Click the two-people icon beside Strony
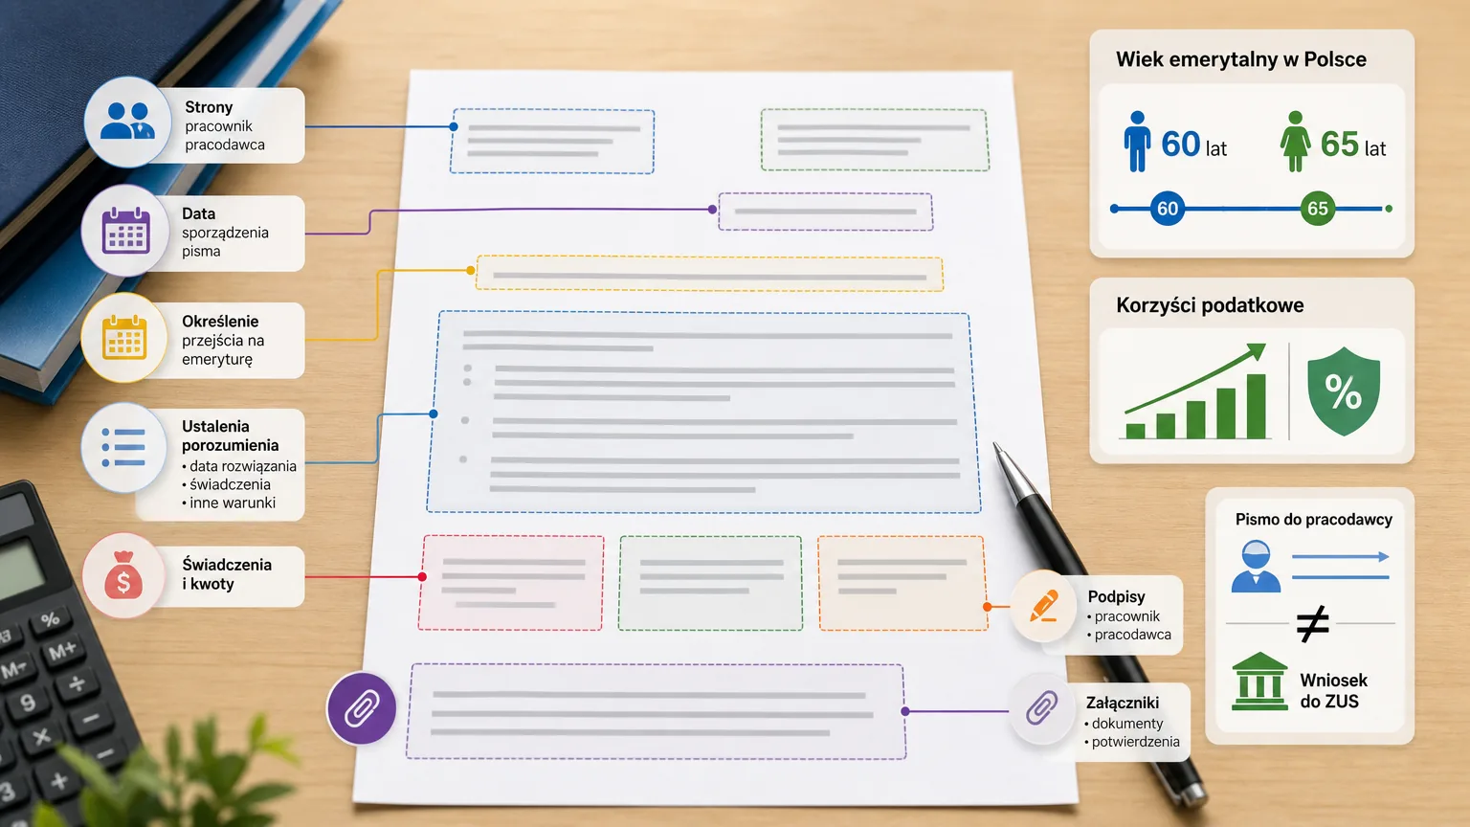tap(127, 121)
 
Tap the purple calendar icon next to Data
tap(126, 231)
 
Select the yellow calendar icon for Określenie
tap(124, 337)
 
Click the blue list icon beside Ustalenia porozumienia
tap(123, 448)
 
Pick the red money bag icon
tap(123, 575)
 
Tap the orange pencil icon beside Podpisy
tap(1043, 605)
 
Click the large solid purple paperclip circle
tap(362, 708)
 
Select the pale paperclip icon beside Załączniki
tap(1042, 707)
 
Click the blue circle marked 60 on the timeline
tap(1168, 209)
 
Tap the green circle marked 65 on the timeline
tap(1318, 209)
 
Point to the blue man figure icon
tap(1137, 141)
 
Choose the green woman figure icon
tap(1295, 141)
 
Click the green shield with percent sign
tap(1344, 391)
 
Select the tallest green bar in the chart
tap(1256, 406)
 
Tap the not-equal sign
tap(1312, 623)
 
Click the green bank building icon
tap(1260, 682)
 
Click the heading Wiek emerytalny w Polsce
tap(1241, 59)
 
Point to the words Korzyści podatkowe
tap(1210, 305)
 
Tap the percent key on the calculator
tap(51, 619)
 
